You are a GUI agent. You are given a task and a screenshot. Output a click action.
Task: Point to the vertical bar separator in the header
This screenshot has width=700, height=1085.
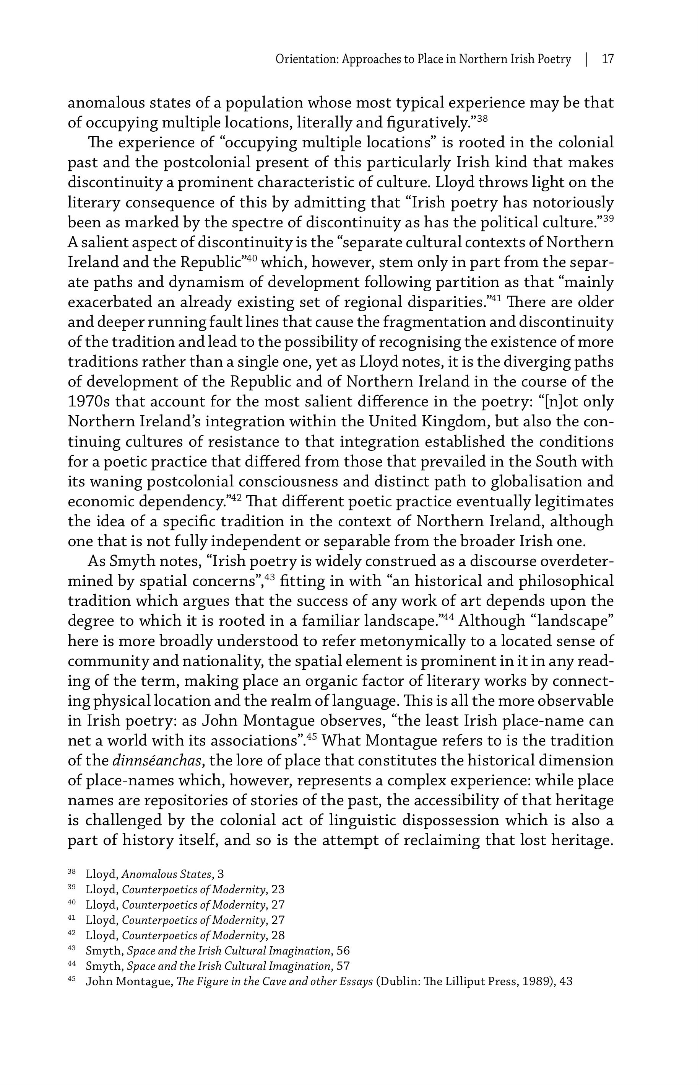586,59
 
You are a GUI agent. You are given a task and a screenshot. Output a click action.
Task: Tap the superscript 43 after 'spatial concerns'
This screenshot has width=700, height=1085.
270,577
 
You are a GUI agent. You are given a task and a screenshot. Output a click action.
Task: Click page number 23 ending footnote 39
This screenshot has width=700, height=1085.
277,889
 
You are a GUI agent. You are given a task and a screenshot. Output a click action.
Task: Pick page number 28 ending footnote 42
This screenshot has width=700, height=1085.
277,935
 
